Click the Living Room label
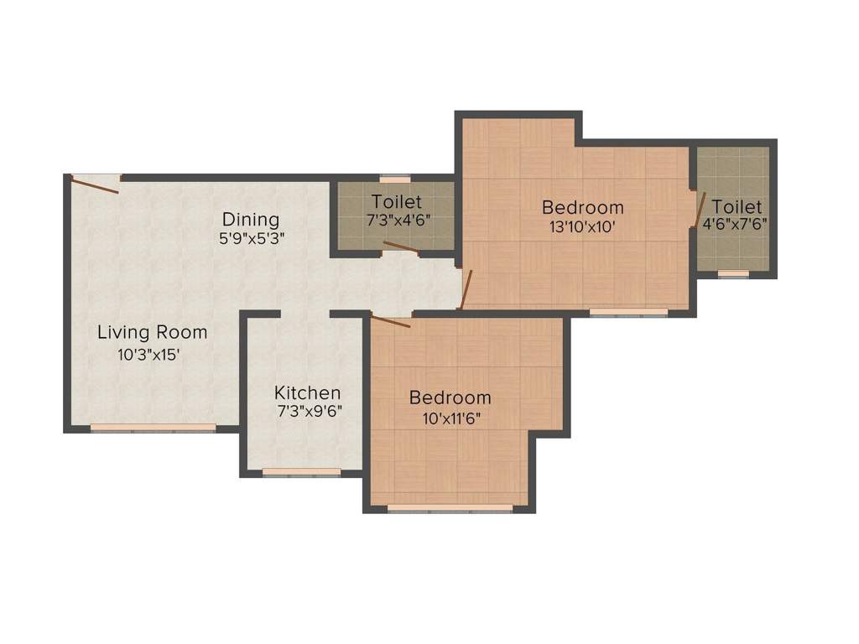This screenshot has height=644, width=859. tap(152, 332)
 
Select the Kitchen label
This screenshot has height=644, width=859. tap(308, 392)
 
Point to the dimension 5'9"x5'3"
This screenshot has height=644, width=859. tap(251, 237)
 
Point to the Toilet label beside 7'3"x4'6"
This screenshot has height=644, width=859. tap(397, 202)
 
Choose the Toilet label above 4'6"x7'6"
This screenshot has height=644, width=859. tap(737, 206)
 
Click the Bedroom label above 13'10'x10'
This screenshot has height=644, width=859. tap(582, 207)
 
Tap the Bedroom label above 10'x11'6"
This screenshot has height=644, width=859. tap(450, 397)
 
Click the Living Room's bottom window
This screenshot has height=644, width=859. tap(153, 428)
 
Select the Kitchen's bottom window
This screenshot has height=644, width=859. tap(302, 472)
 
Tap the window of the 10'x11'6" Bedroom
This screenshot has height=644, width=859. tap(450, 507)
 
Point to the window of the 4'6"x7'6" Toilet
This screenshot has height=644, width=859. tap(733, 273)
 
